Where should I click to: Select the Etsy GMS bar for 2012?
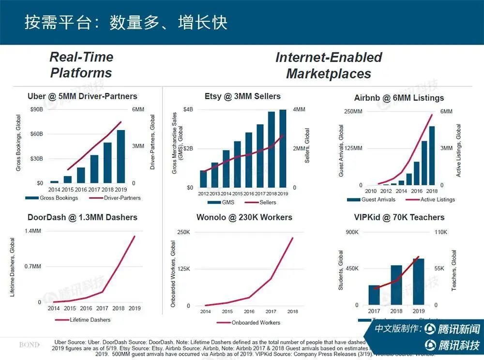203,179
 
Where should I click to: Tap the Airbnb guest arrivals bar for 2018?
432,155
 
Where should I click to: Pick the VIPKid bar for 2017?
374,295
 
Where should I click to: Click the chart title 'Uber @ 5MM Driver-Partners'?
82,96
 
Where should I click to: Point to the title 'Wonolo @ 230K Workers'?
244,217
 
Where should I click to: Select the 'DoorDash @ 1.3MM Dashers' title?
82,217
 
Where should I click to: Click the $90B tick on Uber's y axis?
36,109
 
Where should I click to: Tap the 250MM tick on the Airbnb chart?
353,112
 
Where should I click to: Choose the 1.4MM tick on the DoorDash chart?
33,231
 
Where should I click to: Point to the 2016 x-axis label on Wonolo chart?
250,312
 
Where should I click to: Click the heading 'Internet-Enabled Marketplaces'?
329,65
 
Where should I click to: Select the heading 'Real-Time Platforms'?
81,65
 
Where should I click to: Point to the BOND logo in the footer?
30,345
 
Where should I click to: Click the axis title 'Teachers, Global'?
454,270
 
